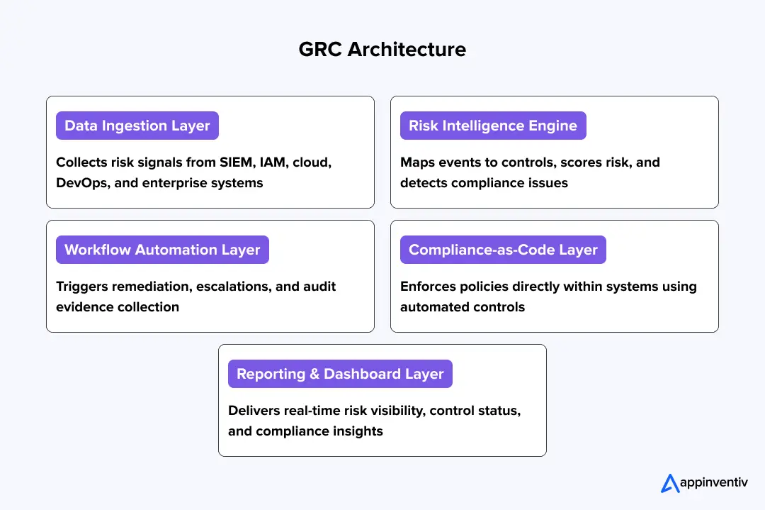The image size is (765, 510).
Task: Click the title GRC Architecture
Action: (x=382, y=50)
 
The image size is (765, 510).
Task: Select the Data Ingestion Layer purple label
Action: (x=137, y=126)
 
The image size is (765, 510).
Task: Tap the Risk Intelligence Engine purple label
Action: (x=493, y=126)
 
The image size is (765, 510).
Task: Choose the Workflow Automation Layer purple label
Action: (x=162, y=250)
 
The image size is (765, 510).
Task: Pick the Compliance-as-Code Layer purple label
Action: (x=503, y=250)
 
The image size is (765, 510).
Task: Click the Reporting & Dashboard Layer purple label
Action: (x=340, y=374)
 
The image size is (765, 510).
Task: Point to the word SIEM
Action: (x=236, y=162)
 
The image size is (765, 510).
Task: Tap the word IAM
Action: (x=273, y=162)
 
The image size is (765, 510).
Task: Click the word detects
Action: (x=423, y=183)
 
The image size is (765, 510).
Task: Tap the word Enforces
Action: (x=428, y=287)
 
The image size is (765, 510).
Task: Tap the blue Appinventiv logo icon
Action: (x=670, y=483)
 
